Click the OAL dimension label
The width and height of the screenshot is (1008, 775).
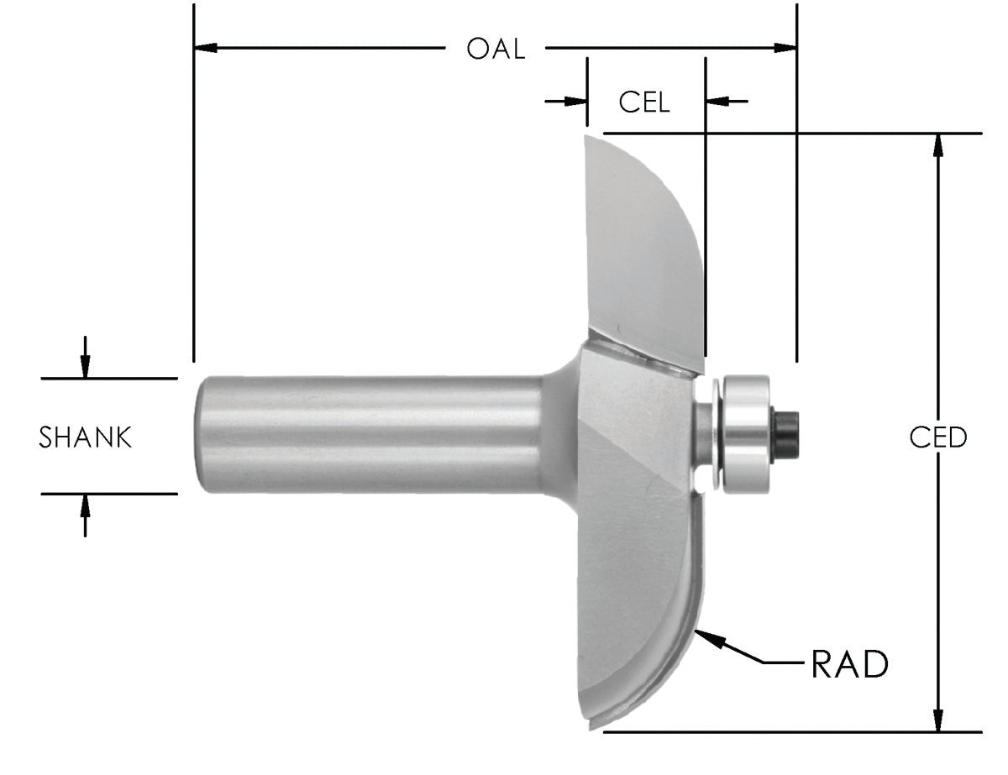(496, 49)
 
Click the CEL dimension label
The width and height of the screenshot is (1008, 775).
(644, 102)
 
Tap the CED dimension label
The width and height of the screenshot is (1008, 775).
(938, 437)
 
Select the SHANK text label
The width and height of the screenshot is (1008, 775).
(86, 437)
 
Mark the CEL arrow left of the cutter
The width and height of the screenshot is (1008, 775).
(575, 102)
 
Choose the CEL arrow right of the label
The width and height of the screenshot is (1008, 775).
(717, 102)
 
